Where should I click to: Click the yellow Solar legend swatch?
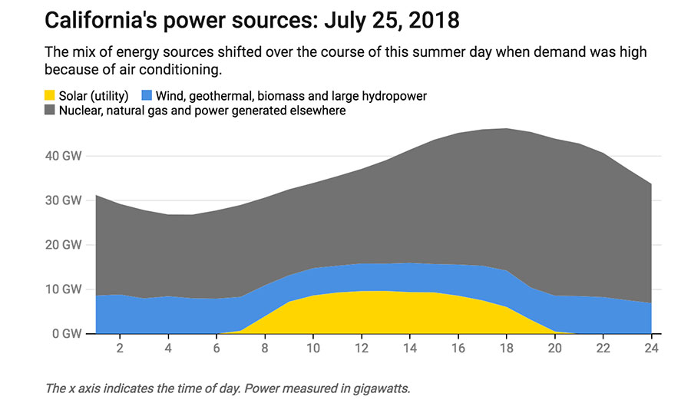pyautogui.click(x=50, y=96)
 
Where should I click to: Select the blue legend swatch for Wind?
pyautogui.click(x=146, y=96)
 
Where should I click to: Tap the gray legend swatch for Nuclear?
pyautogui.click(x=50, y=111)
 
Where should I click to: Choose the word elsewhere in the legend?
pyautogui.click(x=319, y=111)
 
